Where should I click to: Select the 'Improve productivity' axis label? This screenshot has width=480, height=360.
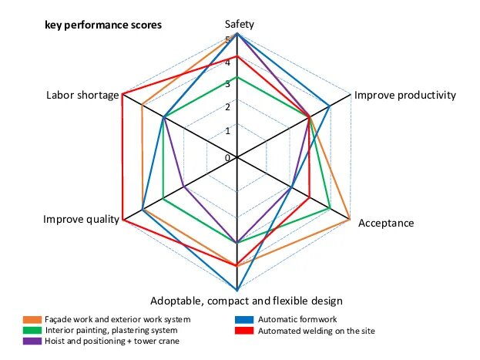coord(405,96)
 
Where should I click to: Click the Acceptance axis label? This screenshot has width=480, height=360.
coord(387,224)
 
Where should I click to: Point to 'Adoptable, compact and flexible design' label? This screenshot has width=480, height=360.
coord(247,301)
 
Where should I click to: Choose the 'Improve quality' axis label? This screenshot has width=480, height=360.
coord(81,220)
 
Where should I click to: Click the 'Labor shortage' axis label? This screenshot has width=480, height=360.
coord(82,96)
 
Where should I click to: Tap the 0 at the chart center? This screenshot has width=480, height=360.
coord(228,158)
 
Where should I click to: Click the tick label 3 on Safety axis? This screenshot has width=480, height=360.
coord(227,85)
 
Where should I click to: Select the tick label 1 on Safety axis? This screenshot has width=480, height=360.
coord(227,131)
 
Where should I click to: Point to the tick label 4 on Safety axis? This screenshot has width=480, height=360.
coord(227,62)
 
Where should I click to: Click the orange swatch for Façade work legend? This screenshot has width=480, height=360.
coord(32,319)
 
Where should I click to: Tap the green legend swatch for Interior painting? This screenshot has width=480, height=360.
coord(32,330)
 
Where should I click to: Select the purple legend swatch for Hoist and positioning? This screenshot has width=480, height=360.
coord(32,340)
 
